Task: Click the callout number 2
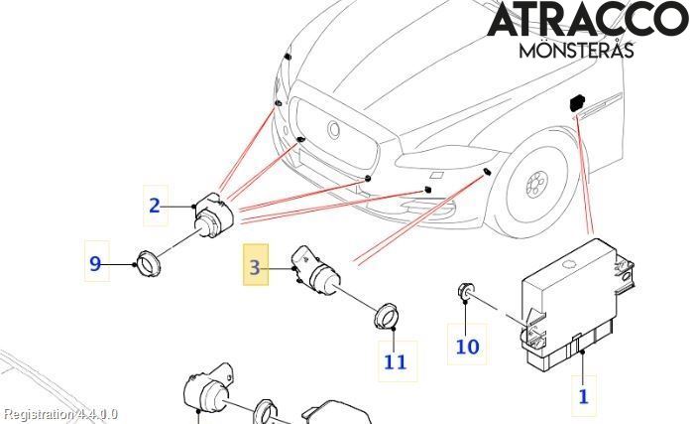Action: pyautogui.click(x=155, y=206)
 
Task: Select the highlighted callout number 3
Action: pyautogui.click(x=256, y=266)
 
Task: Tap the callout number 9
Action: pyautogui.click(x=95, y=263)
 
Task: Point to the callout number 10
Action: pyautogui.click(x=467, y=346)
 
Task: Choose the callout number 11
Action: pyautogui.click(x=395, y=361)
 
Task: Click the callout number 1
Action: pyautogui.click(x=583, y=395)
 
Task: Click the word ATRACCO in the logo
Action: pyautogui.click(x=587, y=21)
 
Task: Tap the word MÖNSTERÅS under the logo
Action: pyautogui.click(x=576, y=49)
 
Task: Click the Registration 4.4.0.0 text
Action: pyautogui.click(x=59, y=413)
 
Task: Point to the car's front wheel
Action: pyautogui.click(x=536, y=184)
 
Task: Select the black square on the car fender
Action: pyautogui.click(x=576, y=102)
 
